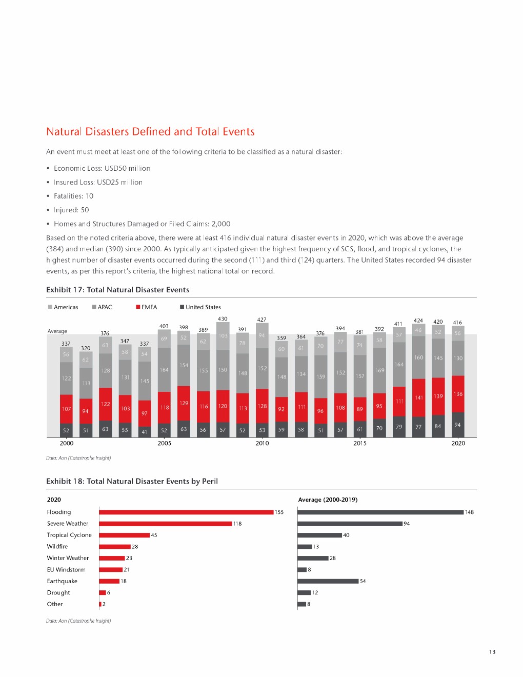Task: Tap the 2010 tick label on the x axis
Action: click(x=262, y=443)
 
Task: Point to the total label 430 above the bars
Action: click(x=223, y=319)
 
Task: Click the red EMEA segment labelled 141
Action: click(x=419, y=397)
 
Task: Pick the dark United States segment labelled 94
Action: click(x=458, y=425)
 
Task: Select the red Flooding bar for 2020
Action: click(x=186, y=512)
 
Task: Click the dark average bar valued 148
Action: click(x=380, y=512)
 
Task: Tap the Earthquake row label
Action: click(x=62, y=581)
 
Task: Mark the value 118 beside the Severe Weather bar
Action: click(x=237, y=524)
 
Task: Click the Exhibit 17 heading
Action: click(x=117, y=290)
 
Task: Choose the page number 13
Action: click(x=492, y=652)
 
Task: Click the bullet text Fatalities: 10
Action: click(x=73, y=196)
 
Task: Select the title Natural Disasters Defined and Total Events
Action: click(x=150, y=132)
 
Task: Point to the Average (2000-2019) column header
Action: click(x=328, y=500)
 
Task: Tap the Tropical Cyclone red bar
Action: click(x=125, y=535)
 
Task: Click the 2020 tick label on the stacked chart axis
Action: click(x=458, y=443)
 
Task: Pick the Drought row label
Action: click(x=58, y=592)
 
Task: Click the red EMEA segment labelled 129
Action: click(x=184, y=404)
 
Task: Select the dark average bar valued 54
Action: click(x=328, y=581)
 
